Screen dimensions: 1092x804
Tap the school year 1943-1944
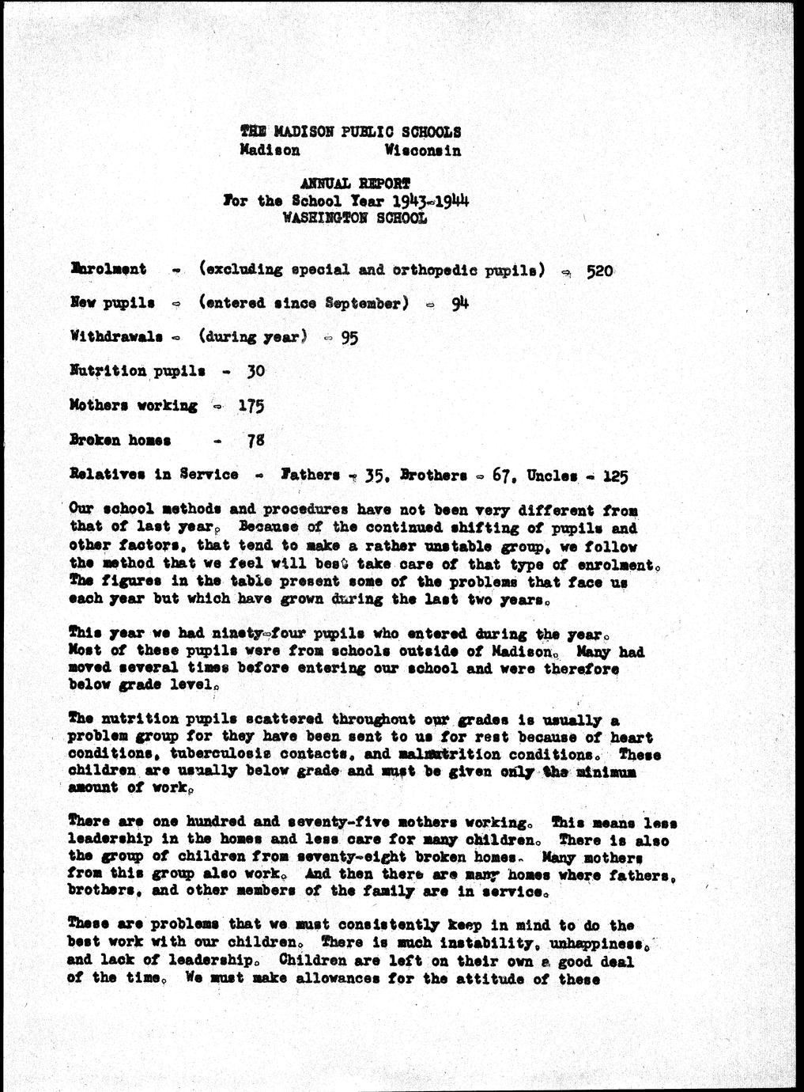[x=431, y=200]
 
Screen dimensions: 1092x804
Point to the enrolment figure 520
[x=599, y=271]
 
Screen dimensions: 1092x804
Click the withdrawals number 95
[x=349, y=337]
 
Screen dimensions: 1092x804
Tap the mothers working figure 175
[x=251, y=406]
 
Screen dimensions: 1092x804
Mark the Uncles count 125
[x=615, y=476]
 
